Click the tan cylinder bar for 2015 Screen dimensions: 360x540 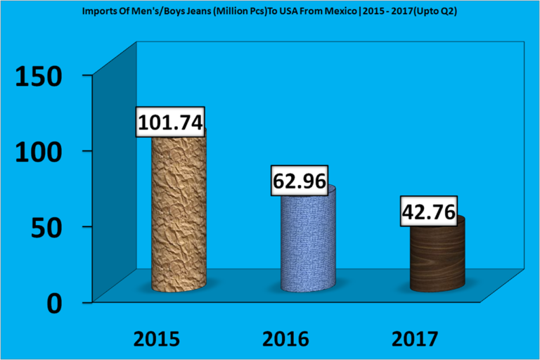(179, 218)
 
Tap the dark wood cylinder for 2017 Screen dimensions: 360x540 (437, 260)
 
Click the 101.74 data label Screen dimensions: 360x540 (171, 123)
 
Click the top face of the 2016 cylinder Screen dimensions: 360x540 (309, 191)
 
